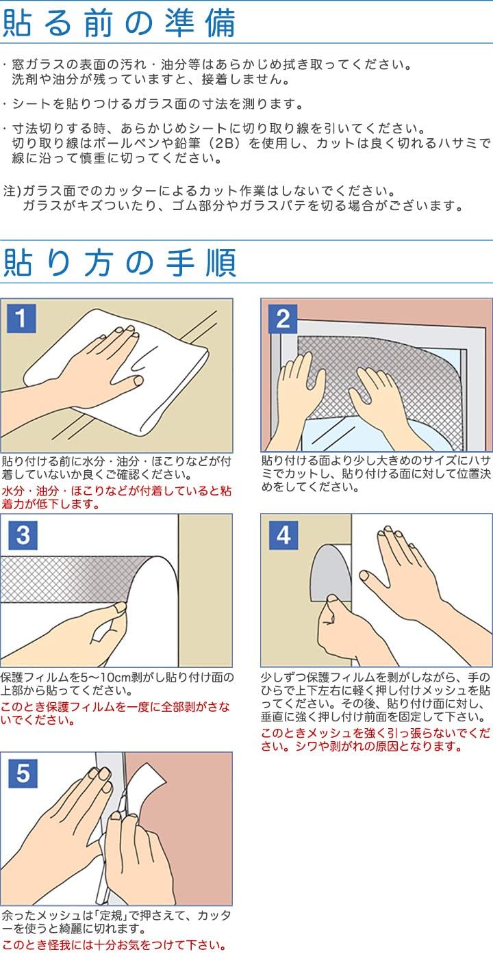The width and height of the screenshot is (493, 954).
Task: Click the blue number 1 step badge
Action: (x=22, y=318)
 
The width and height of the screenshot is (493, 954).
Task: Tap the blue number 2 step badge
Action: (x=283, y=318)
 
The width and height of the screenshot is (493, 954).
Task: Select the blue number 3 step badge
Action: (x=23, y=535)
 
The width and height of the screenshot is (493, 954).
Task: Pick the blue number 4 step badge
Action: (x=283, y=535)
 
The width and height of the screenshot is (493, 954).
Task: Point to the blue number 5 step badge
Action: (x=23, y=773)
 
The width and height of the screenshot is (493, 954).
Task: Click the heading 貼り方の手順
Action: (x=119, y=263)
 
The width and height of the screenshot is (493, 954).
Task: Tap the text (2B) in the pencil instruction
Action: (x=224, y=143)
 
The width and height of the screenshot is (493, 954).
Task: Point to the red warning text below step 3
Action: (x=115, y=713)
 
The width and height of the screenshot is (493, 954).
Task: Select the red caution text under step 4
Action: (x=375, y=740)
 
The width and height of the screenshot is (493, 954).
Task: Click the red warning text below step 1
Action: (x=116, y=498)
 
